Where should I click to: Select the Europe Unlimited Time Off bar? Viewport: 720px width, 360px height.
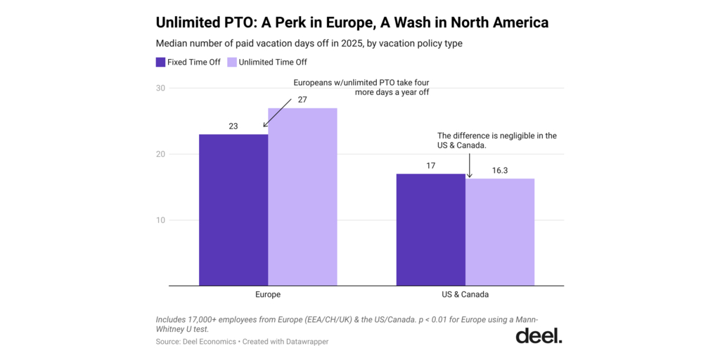pos(302,197)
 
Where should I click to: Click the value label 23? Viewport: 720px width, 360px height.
pos(233,127)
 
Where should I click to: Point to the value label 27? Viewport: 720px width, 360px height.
pos(302,100)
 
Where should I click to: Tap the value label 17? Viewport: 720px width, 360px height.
pos(431,166)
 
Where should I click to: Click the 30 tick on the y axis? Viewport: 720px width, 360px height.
pos(161,88)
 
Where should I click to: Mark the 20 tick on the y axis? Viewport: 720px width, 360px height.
pos(161,154)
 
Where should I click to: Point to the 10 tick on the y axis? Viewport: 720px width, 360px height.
pos(161,220)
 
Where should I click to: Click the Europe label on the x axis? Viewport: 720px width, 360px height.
pos(268,295)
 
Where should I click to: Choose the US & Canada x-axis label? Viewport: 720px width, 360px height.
pos(465,295)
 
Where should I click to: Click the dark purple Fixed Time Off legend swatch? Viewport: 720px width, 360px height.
pos(160,62)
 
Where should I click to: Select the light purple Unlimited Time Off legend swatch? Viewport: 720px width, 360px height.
pos(232,62)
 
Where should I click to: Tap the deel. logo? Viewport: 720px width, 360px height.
pos(539,335)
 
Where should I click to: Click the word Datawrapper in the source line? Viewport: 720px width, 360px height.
pos(304,342)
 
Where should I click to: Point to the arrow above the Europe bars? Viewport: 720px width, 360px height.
pos(277,113)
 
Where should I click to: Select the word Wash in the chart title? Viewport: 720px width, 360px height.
pos(410,22)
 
